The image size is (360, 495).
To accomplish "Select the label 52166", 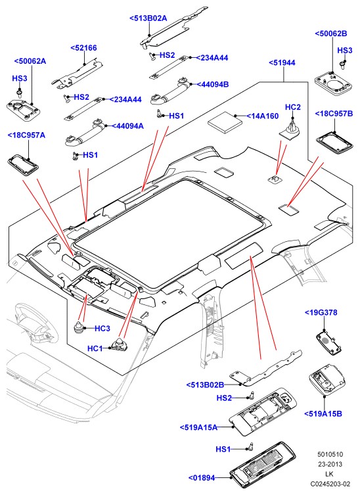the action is [x=83, y=48].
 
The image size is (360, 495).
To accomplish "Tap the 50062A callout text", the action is [x=30, y=61].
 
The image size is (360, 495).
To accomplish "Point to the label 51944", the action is [x=282, y=63].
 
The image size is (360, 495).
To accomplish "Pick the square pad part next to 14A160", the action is [x=225, y=120].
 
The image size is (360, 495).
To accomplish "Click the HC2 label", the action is [x=293, y=107].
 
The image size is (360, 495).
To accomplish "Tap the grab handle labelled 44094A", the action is [x=85, y=132].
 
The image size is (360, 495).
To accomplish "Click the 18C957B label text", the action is [x=334, y=114].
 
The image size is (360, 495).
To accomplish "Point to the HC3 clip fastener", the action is [x=80, y=327].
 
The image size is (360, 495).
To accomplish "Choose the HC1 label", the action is [x=95, y=348].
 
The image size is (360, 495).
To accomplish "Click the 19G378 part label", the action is [x=321, y=312].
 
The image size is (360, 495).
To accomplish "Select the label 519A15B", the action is [x=323, y=414].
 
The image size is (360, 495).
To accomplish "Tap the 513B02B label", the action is [x=205, y=385].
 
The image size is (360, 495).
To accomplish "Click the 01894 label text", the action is [x=202, y=478].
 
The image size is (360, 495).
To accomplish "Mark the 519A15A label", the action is [x=199, y=427].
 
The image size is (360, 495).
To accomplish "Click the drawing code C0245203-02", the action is [x=330, y=484].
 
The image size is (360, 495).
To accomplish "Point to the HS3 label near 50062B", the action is [x=345, y=51].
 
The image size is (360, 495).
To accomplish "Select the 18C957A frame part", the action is [x=23, y=164].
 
